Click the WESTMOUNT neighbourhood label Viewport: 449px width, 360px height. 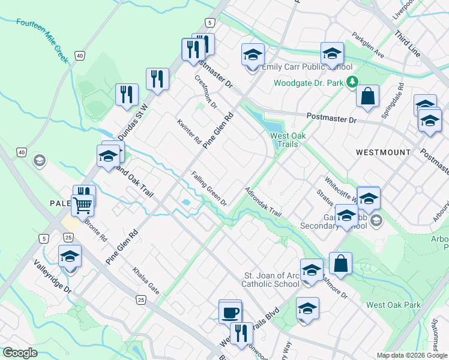pyautogui.click(x=383, y=152)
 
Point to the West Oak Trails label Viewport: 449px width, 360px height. pyautogui.click(x=288, y=140)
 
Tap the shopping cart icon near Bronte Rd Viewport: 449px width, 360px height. pyautogui.click(x=83, y=205)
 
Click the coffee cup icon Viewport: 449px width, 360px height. pyautogui.click(x=230, y=312)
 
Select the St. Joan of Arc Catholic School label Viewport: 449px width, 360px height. pyautogui.click(x=271, y=280)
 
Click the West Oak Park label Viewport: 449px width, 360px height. pyautogui.click(x=393, y=305)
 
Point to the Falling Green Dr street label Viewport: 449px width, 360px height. pyautogui.click(x=209, y=189)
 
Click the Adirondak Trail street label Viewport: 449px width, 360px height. pyautogui.click(x=263, y=203)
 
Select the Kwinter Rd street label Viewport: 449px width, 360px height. pyautogui.click(x=189, y=132)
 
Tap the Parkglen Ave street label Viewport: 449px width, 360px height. pyautogui.click(x=368, y=45)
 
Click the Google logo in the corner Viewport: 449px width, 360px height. pyautogui.click(x=20, y=353)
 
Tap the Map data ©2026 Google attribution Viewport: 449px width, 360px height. pyautogui.click(x=411, y=355)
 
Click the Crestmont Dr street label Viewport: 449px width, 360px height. pyautogui.click(x=205, y=92)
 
